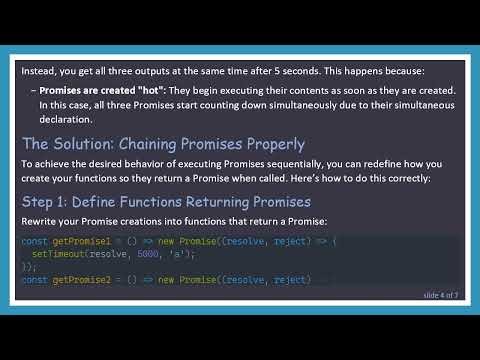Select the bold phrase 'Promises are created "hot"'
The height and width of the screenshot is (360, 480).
104,88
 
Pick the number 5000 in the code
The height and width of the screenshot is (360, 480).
146,254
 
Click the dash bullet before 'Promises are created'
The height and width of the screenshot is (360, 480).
33,88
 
